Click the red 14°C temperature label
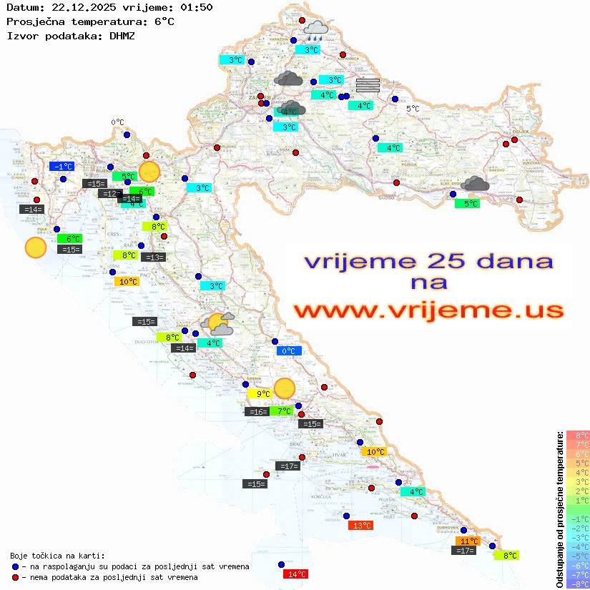(x=295, y=574)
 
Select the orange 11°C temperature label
(x=468, y=541)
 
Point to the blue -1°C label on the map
(x=62, y=167)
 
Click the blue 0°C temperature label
(x=289, y=350)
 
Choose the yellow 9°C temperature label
(x=260, y=393)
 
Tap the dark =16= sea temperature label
(x=257, y=411)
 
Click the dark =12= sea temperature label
(x=110, y=194)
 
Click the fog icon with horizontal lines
(x=368, y=84)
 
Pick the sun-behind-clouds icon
(x=217, y=324)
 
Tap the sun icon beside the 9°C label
(x=285, y=388)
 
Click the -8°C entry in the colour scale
(x=578, y=584)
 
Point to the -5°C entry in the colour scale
(x=578, y=556)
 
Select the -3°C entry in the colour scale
(x=578, y=538)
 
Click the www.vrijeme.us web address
(x=428, y=310)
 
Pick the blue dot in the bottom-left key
(x=15, y=566)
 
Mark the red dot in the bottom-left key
(x=15, y=577)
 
